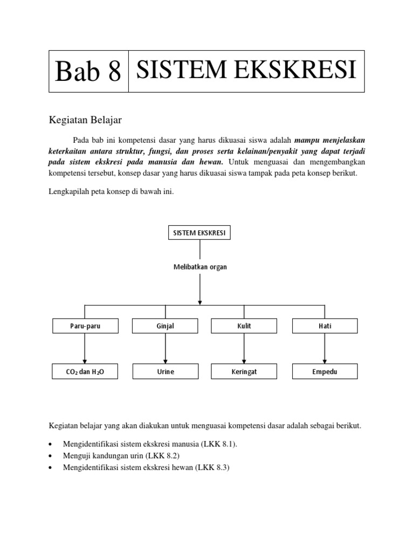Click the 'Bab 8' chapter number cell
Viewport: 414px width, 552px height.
click(x=88, y=72)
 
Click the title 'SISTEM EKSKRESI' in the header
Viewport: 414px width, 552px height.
click(x=246, y=71)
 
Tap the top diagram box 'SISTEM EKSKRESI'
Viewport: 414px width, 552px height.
click(x=200, y=233)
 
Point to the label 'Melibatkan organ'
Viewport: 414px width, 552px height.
click(x=200, y=267)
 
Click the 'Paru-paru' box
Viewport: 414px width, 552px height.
click(x=85, y=326)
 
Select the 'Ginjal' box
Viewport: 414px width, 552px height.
click(x=165, y=326)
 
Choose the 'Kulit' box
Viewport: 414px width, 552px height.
click(x=244, y=326)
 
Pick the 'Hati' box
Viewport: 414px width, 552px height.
click(x=324, y=326)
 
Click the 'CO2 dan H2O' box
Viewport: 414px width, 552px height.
click(x=85, y=371)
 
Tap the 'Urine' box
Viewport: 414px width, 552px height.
click(x=165, y=371)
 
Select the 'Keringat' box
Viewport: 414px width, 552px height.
click(x=244, y=371)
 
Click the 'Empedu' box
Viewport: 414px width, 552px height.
click(x=324, y=371)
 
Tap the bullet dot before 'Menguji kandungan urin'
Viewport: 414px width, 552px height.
click(x=50, y=456)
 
